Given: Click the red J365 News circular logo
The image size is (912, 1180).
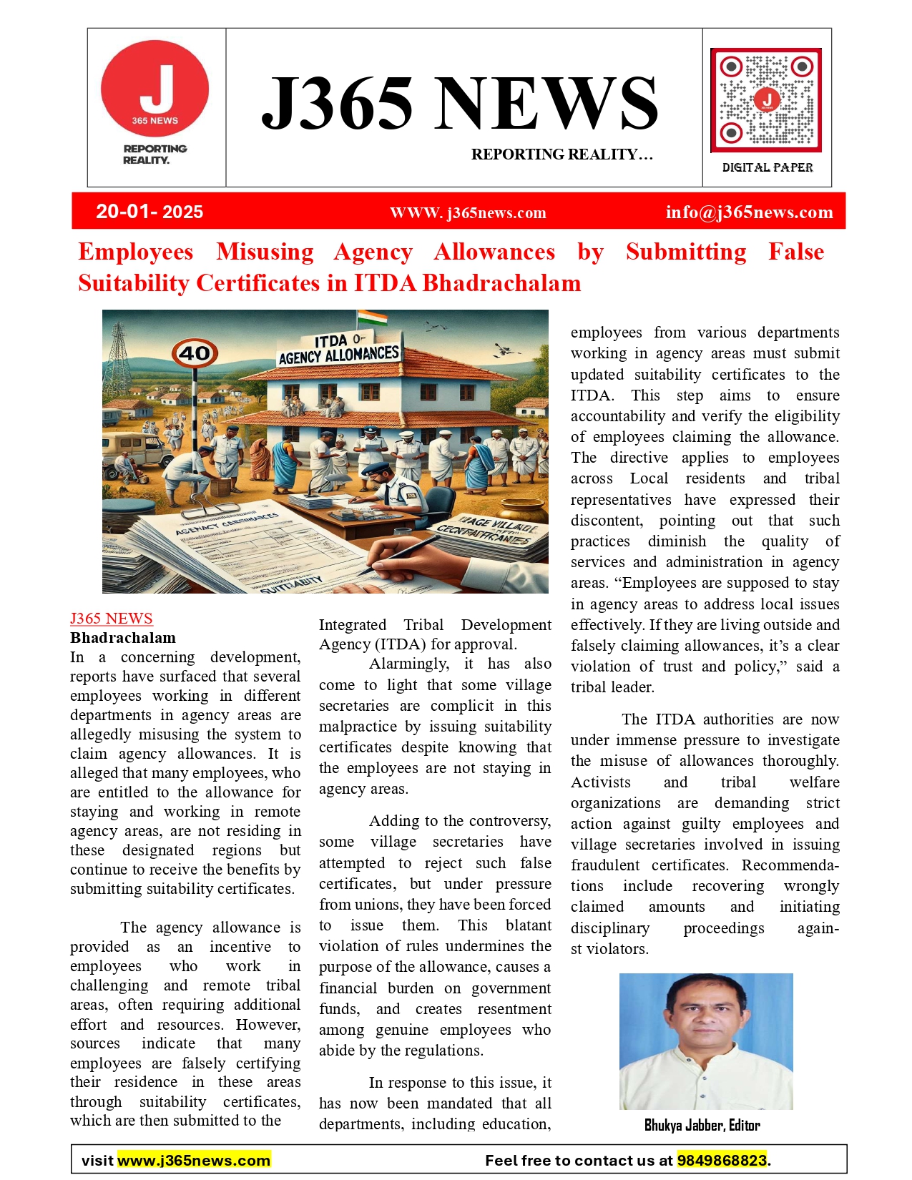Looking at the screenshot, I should [x=155, y=89].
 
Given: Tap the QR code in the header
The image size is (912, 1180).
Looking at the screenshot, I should [x=765, y=99].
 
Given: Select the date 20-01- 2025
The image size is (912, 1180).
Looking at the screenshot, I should [x=149, y=212].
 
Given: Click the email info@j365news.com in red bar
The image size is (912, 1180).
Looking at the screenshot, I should [x=749, y=212].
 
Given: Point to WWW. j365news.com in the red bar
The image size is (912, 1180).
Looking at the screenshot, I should [x=468, y=213].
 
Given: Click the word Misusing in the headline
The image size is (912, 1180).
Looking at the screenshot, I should [x=265, y=252].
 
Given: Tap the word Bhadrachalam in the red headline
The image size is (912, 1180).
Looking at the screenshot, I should [x=501, y=283].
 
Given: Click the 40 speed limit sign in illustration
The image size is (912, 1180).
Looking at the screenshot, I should [x=195, y=353].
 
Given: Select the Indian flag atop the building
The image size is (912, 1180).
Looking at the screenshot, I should [x=372, y=318].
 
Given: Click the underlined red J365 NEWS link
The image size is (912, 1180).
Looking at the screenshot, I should [x=112, y=619].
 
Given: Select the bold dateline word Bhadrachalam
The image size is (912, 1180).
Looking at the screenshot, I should [x=123, y=638].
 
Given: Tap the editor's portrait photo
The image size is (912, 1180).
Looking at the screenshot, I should [x=706, y=1041].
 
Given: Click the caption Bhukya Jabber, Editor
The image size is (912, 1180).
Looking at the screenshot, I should [x=702, y=1126].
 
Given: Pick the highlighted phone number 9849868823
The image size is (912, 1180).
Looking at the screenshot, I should [x=722, y=1160].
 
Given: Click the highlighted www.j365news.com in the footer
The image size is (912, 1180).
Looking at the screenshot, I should [x=194, y=1160].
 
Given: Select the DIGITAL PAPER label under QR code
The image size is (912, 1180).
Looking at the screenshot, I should [x=768, y=167].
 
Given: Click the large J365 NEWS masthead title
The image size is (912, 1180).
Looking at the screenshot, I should [x=459, y=104].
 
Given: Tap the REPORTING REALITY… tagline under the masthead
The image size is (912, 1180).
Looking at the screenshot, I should [x=562, y=154].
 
